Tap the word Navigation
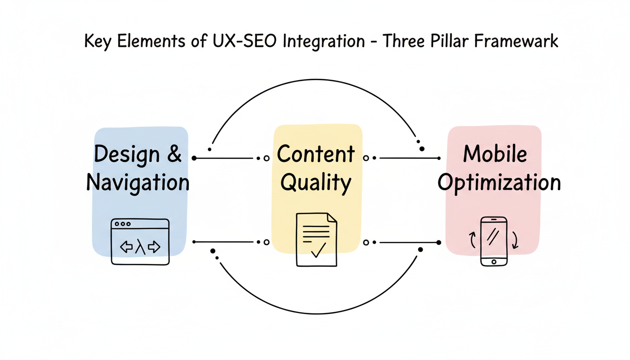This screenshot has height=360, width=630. pyautogui.click(x=138, y=183)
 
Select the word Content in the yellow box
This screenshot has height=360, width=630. pyautogui.click(x=315, y=155)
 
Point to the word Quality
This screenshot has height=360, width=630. pyautogui.click(x=315, y=183)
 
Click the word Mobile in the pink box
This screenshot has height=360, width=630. pyautogui.click(x=495, y=154)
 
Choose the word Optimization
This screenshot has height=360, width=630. pyautogui.click(x=499, y=183)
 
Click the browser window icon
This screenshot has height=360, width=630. pyautogui.click(x=140, y=241)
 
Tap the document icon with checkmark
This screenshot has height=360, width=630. pyautogui.click(x=316, y=240)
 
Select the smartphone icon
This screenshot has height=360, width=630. pyautogui.click(x=494, y=241)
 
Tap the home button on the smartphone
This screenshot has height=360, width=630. pyautogui.click(x=494, y=261)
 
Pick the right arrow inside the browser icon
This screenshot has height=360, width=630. pyautogui.click(x=154, y=247)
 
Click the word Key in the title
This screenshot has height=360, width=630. pyautogui.click(x=97, y=41)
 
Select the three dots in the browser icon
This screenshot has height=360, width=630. pyautogui.click(x=122, y=224)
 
